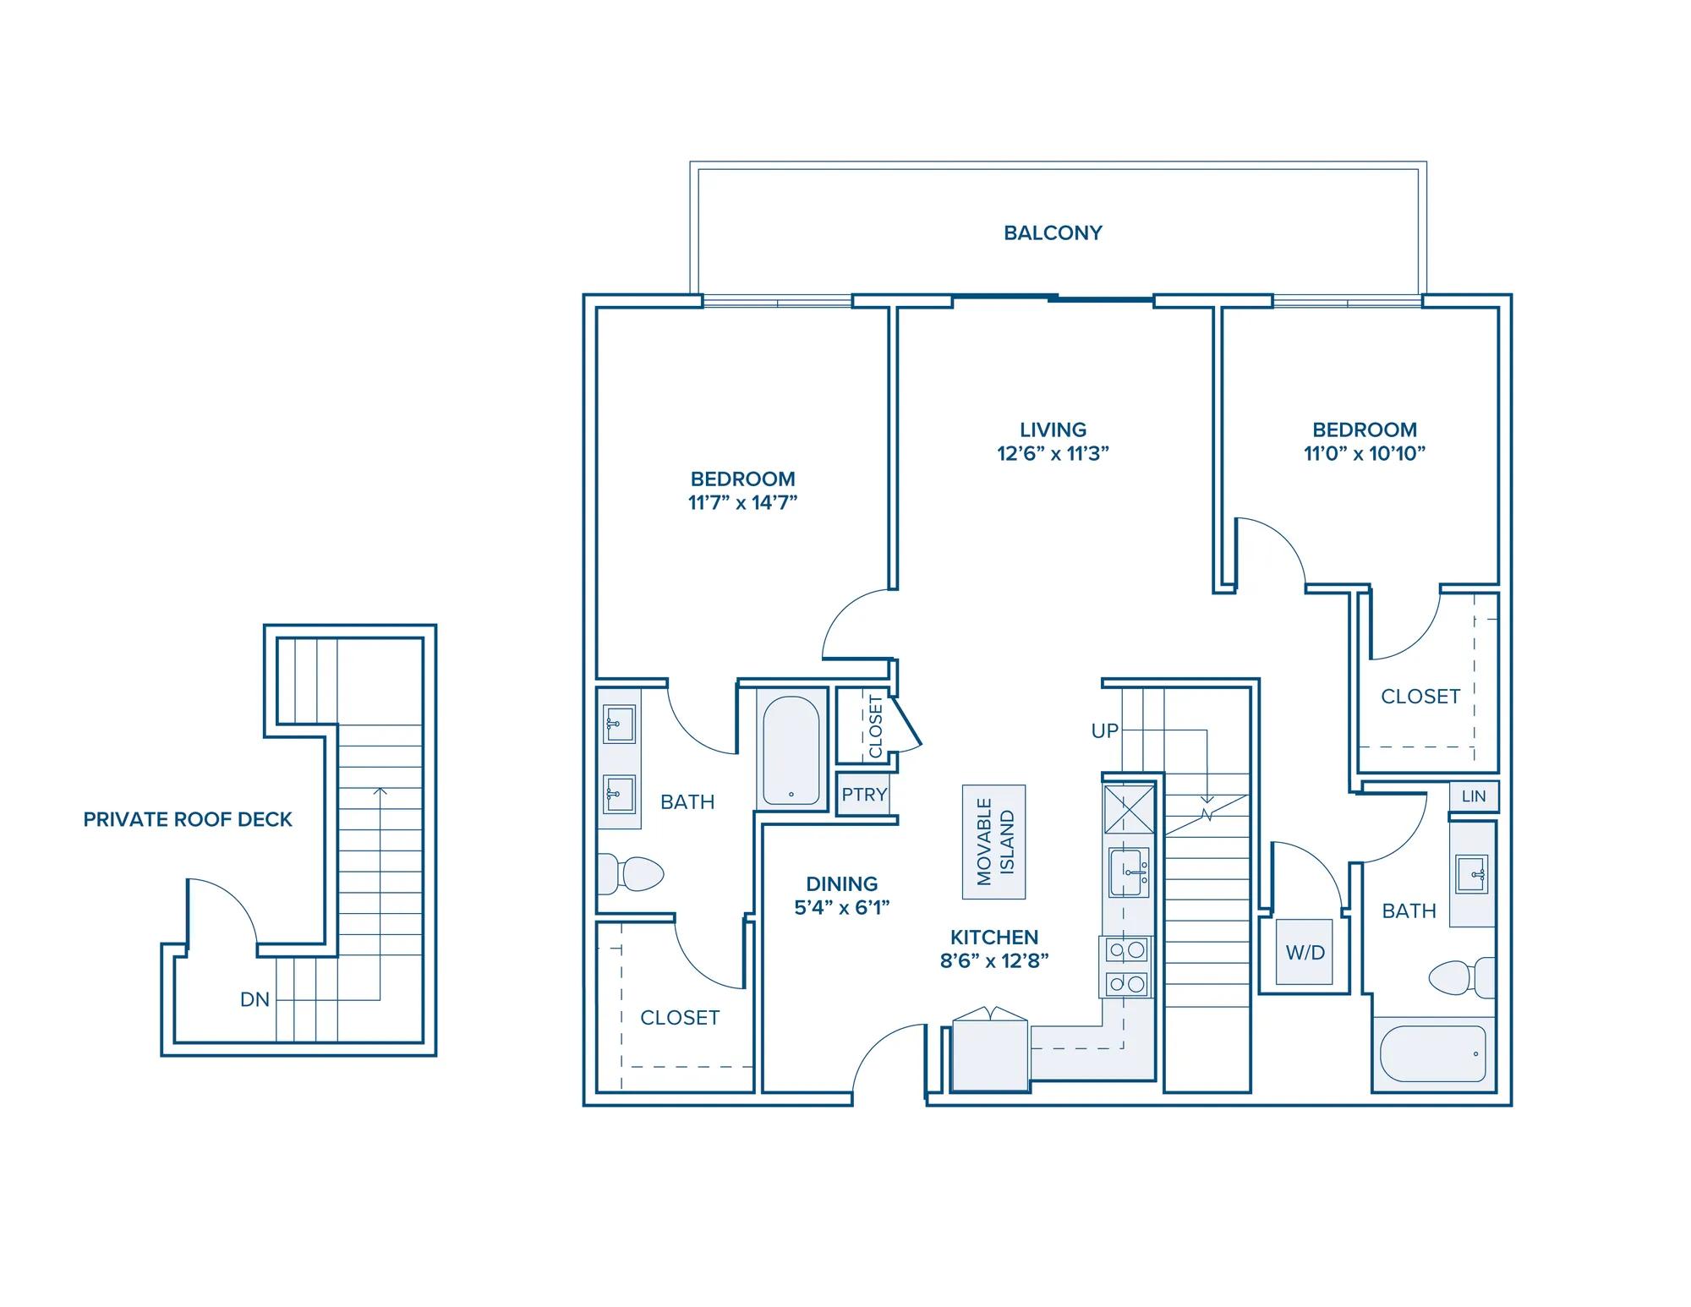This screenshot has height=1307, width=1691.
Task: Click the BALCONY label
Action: coord(1053,232)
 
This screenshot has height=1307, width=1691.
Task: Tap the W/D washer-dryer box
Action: coord(1305,952)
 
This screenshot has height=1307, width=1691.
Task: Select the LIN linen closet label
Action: coord(1474,796)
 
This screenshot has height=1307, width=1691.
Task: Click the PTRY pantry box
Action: coord(864,795)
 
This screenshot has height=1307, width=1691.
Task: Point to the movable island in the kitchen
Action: coord(994,841)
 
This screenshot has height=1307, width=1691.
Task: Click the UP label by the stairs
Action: coord(1105,731)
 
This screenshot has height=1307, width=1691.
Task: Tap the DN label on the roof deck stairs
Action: coord(254,999)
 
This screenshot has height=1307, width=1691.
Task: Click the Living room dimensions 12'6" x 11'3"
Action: coord(1053,453)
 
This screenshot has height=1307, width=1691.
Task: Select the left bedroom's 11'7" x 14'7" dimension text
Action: coord(742,502)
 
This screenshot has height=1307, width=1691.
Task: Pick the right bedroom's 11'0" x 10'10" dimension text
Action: coord(1365,453)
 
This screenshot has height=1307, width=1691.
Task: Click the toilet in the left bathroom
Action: coord(630,874)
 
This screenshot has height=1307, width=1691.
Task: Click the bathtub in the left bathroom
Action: coord(791,751)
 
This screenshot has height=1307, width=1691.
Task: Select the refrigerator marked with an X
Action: coord(1129,809)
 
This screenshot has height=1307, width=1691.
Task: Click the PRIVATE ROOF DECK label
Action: coord(188,819)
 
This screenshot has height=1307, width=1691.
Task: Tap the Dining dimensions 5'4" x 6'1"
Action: coord(842,908)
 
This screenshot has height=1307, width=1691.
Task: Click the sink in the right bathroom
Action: coord(1472,874)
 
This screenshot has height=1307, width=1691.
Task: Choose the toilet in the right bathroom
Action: coord(1462,978)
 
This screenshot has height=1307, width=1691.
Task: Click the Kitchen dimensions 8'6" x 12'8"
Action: coord(994,961)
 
